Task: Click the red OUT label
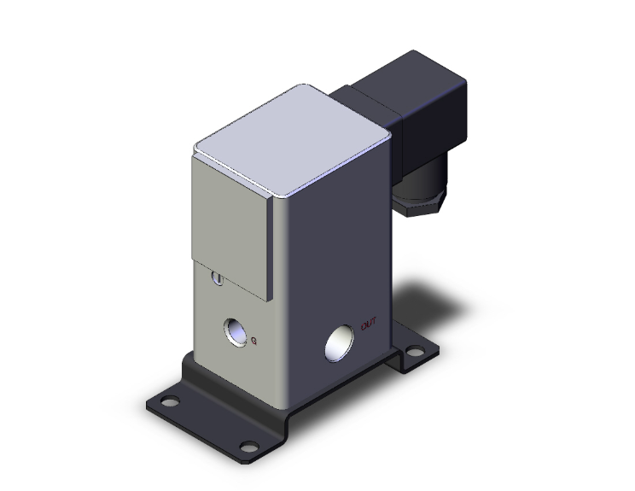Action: (370, 324)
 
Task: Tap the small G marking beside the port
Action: (254, 342)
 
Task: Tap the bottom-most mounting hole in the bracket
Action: (248, 445)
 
